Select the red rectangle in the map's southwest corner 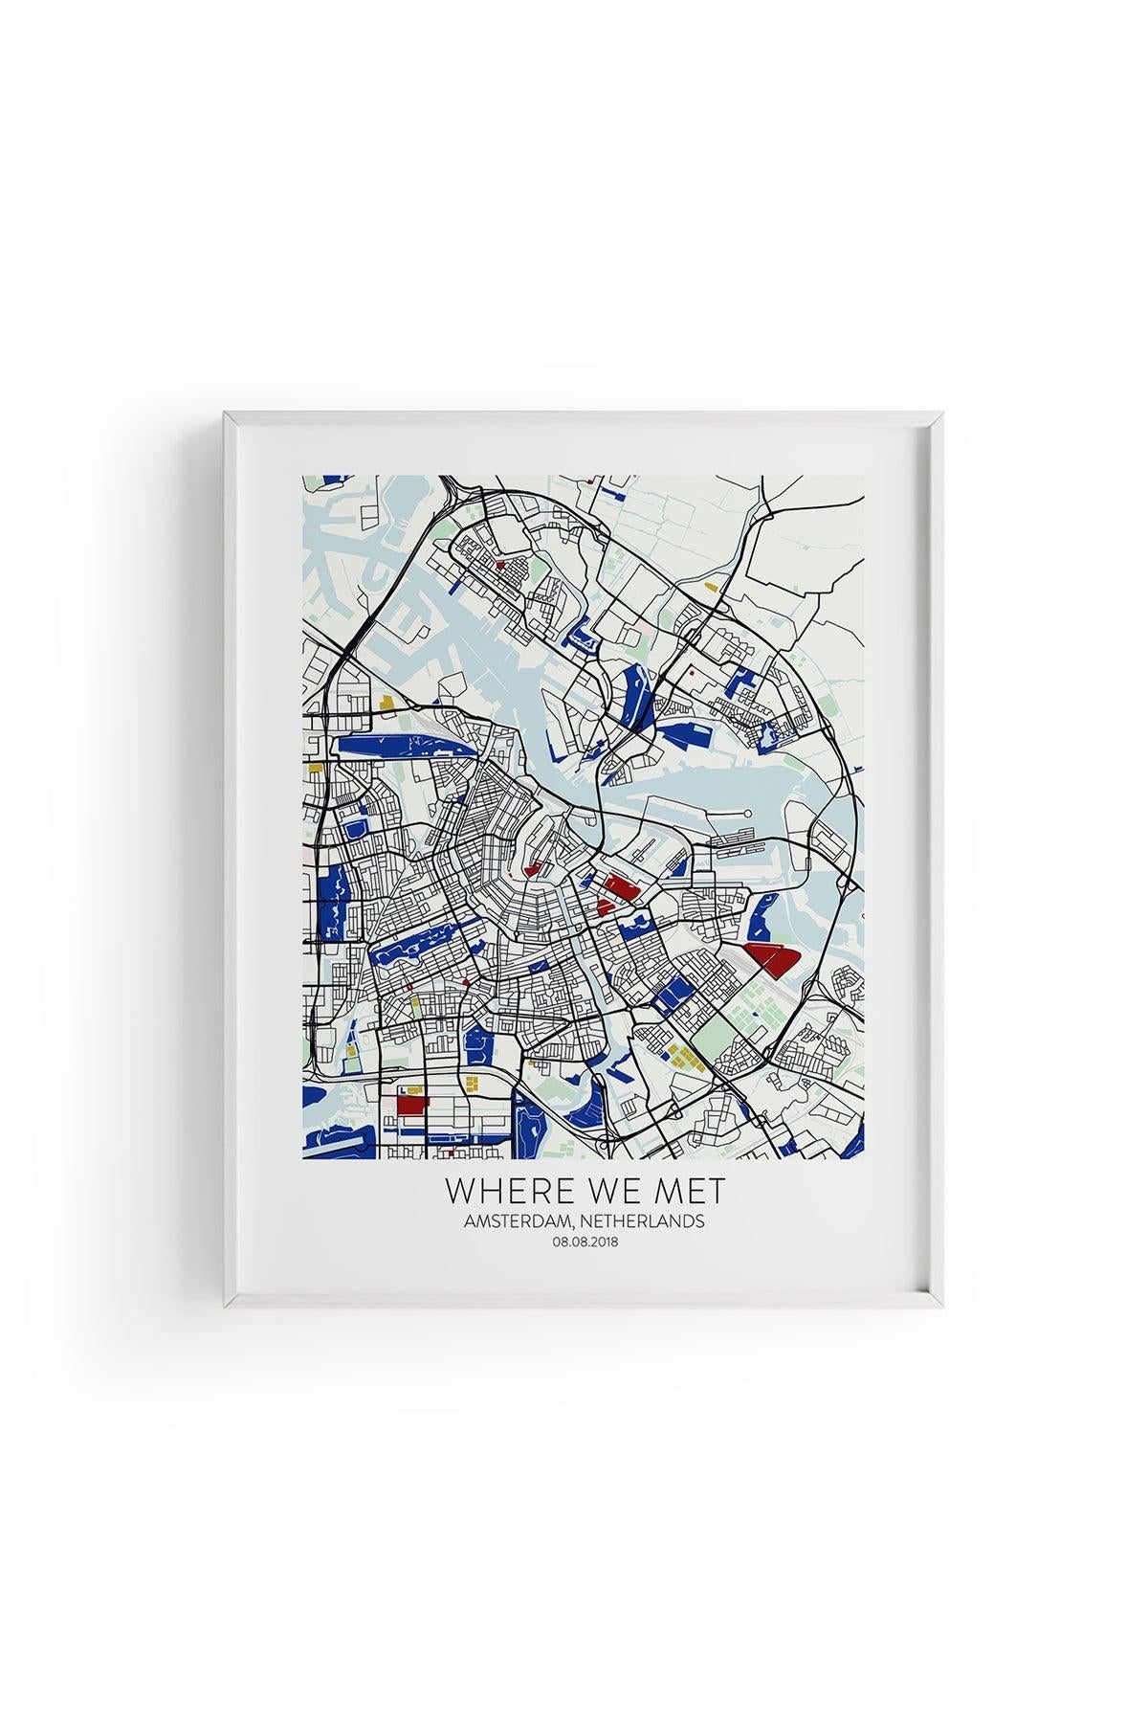pyautogui.click(x=410, y=1104)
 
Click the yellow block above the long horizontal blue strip pyautogui.click(x=386, y=702)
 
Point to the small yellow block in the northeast pyautogui.click(x=709, y=585)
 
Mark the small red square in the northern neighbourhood pyautogui.click(x=499, y=565)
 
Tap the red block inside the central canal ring pyautogui.click(x=533, y=870)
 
